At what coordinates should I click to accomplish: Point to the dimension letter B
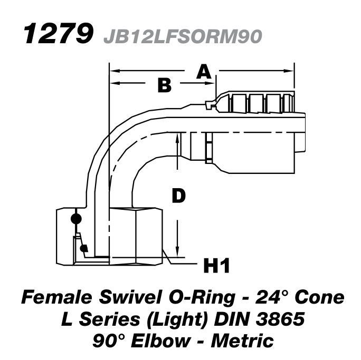coord(165,85)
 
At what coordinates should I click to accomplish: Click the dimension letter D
coord(179,196)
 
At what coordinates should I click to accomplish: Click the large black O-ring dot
coord(76,218)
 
